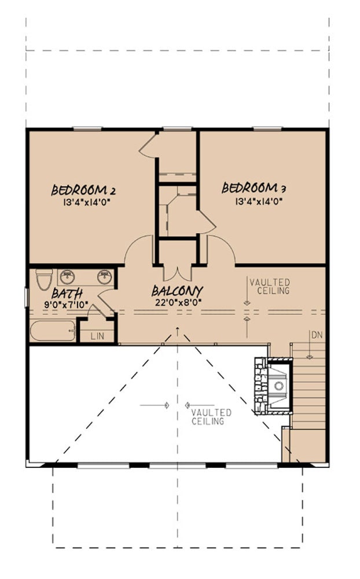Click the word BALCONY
tap(177, 291)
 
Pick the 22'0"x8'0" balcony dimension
tap(177, 302)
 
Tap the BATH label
tap(67, 294)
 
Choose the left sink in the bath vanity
tap(68, 275)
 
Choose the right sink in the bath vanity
tap(104, 275)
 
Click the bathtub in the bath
tap(53, 331)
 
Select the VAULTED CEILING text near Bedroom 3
tap(270, 286)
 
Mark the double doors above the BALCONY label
tap(177, 271)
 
